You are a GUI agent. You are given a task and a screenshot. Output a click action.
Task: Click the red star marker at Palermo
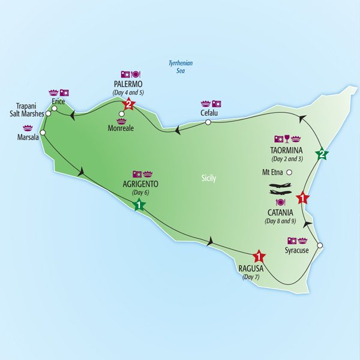[x=128, y=105]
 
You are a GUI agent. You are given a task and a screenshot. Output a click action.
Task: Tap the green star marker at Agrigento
[x=139, y=205]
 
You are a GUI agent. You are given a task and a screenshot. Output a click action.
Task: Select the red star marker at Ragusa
[x=259, y=256]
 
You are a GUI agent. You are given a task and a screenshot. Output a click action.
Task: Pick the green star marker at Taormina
[x=322, y=154]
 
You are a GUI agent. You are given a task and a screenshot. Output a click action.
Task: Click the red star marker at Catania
[x=303, y=197]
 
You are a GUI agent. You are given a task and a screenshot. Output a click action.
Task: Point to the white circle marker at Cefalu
[x=208, y=122]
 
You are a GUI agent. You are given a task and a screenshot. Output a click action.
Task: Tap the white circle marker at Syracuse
[x=320, y=245]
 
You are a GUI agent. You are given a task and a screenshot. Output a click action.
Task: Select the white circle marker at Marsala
[x=43, y=133]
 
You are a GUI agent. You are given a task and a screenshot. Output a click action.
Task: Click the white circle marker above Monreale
[x=121, y=113]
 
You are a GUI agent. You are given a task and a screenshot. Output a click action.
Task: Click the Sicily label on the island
[x=209, y=178]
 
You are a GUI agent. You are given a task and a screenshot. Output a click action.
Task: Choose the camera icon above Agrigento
[x=137, y=174]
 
